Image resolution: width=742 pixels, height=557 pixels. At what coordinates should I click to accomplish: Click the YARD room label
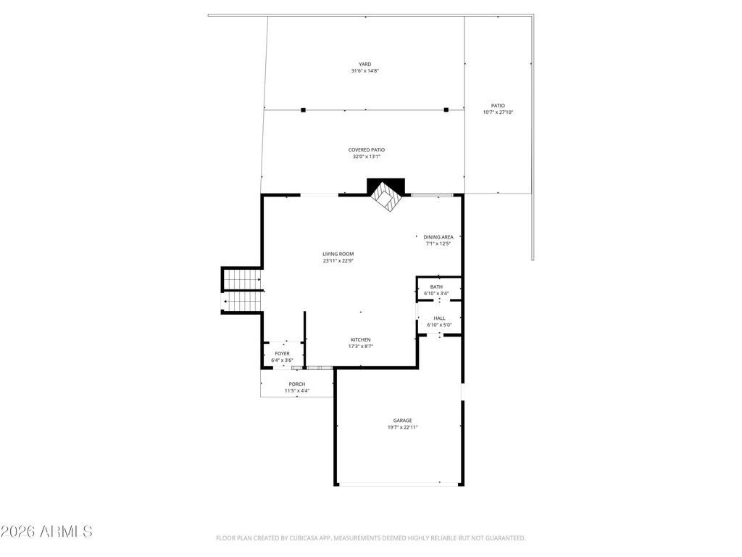click(x=365, y=65)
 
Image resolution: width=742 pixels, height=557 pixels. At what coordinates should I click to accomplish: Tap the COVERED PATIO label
click(x=366, y=150)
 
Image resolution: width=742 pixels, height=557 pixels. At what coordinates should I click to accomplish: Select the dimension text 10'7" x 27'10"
click(x=498, y=112)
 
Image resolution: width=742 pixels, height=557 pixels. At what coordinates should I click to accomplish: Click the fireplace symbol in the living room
click(x=386, y=195)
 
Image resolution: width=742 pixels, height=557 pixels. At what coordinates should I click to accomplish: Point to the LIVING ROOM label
click(x=338, y=255)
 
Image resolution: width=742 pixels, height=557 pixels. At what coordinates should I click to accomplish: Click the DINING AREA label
click(x=438, y=237)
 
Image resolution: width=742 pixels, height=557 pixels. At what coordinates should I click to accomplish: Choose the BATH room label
click(x=436, y=287)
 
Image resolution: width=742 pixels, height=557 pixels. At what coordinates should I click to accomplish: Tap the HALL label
click(x=439, y=318)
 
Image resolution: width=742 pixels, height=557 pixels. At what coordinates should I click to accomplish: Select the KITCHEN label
click(x=361, y=340)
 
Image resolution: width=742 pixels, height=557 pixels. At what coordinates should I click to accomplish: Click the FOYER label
click(x=282, y=354)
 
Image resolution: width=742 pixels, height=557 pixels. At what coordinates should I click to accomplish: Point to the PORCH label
click(x=296, y=384)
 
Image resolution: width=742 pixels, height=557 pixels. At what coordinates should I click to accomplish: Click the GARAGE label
click(x=402, y=421)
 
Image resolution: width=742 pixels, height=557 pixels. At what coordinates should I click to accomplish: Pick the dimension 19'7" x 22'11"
click(x=402, y=427)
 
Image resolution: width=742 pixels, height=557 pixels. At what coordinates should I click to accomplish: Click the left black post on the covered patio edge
click(x=304, y=110)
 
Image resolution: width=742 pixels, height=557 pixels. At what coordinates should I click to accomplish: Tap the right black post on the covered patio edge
click(x=446, y=110)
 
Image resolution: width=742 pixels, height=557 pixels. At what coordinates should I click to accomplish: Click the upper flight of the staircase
click(x=242, y=279)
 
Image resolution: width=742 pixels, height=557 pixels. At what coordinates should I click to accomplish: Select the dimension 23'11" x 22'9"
click(x=338, y=261)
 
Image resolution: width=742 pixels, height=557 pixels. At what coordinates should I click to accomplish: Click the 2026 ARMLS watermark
click(x=46, y=532)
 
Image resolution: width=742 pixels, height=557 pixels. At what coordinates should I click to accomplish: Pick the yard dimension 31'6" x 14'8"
click(x=365, y=71)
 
